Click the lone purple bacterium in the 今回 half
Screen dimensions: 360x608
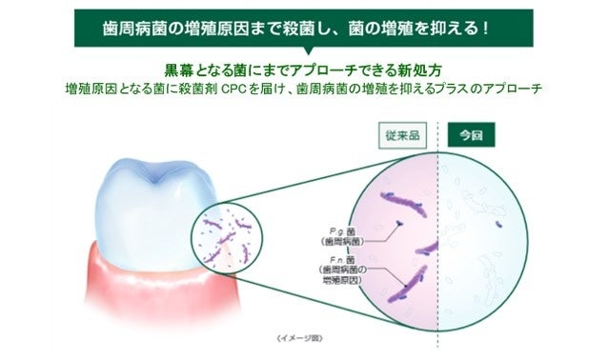click(x=498, y=226)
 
